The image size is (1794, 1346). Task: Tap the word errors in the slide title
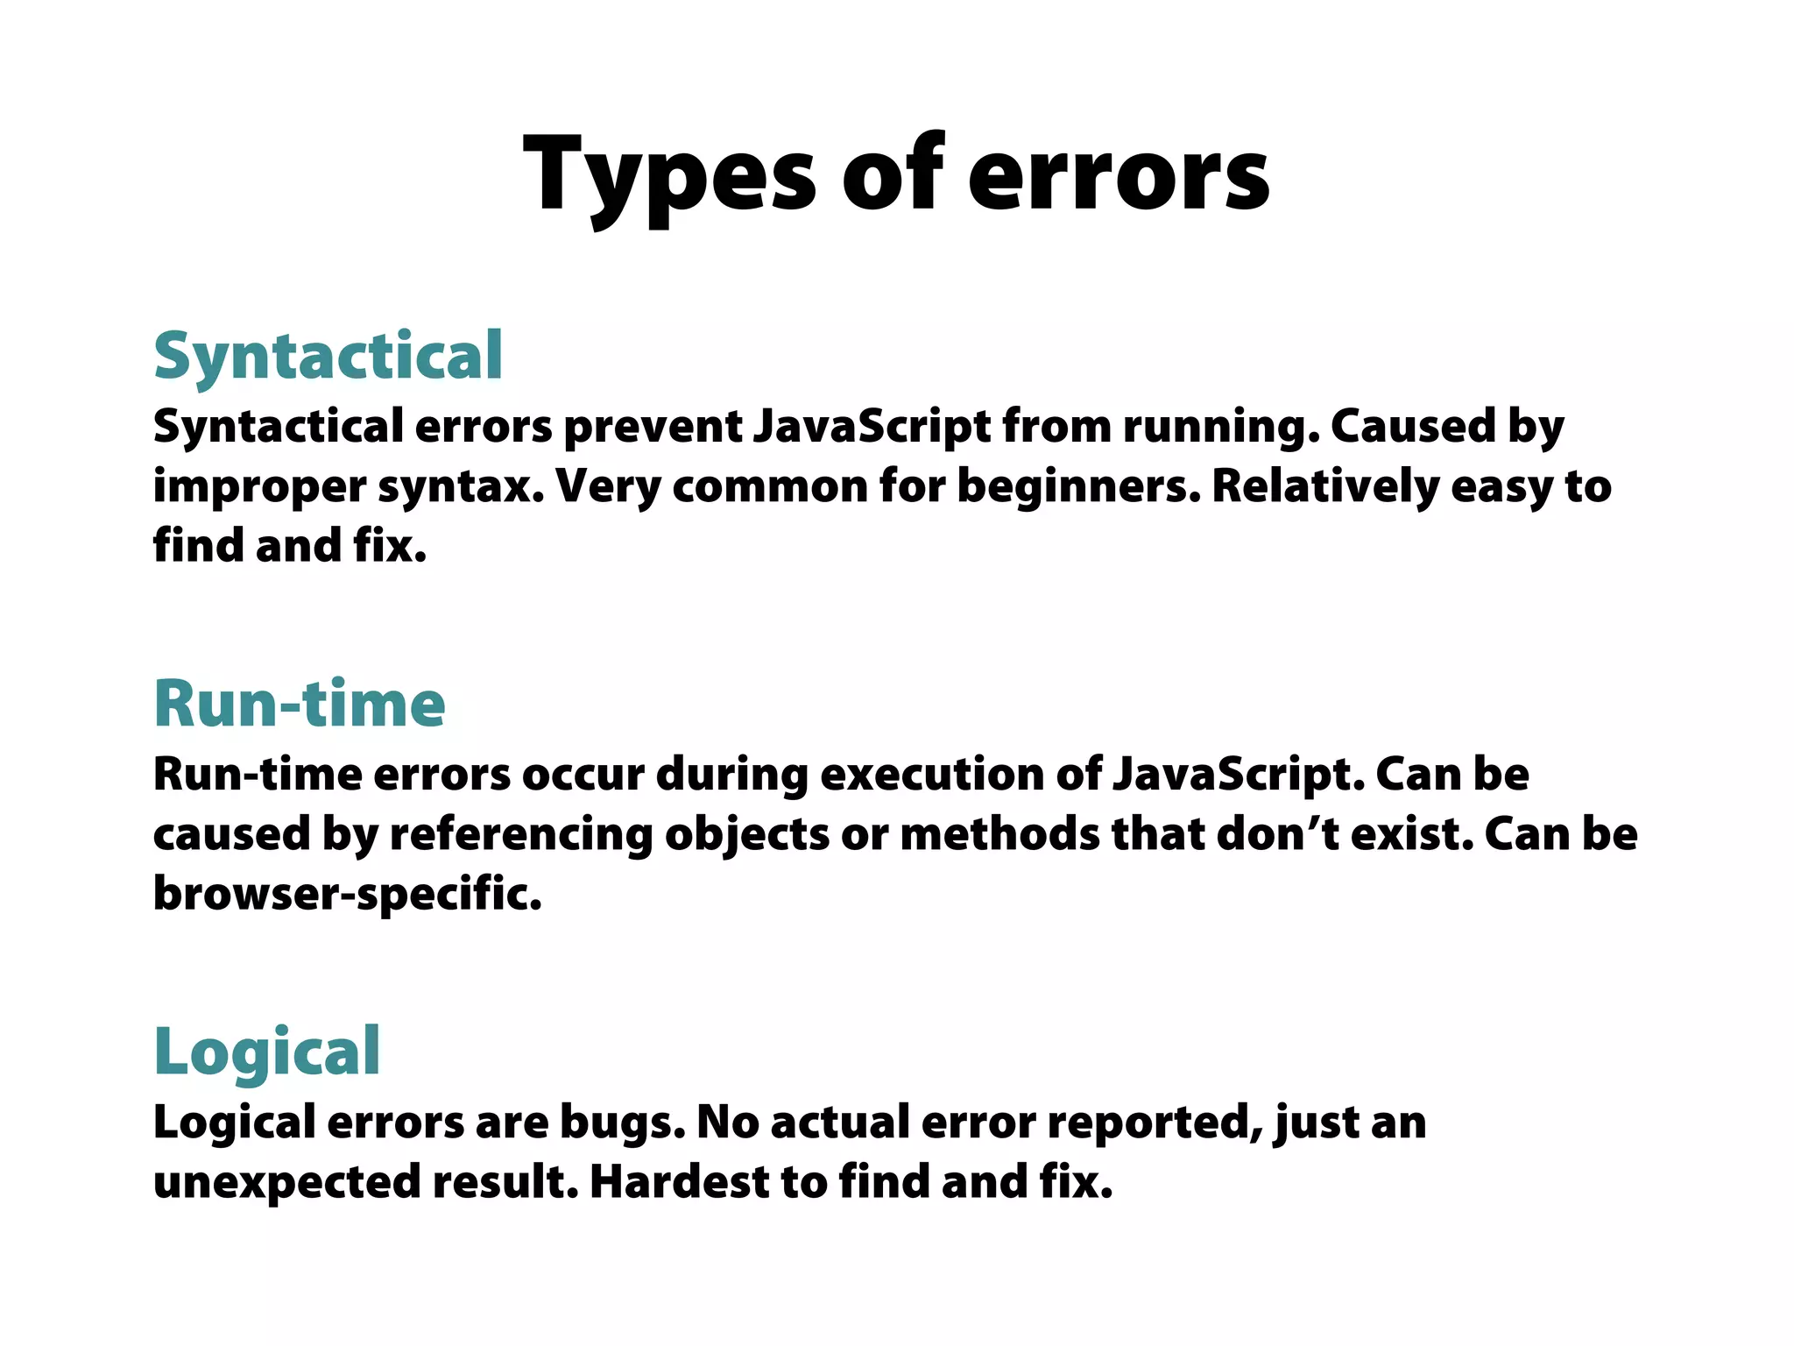[1118, 175]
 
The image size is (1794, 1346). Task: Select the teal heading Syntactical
[328, 356]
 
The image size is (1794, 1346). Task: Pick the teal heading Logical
[267, 1051]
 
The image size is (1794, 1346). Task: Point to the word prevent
[653, 427]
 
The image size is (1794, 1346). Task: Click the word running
[1221, 427]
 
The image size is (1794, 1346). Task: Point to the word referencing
[521, 834]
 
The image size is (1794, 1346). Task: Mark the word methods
[999, 834]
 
